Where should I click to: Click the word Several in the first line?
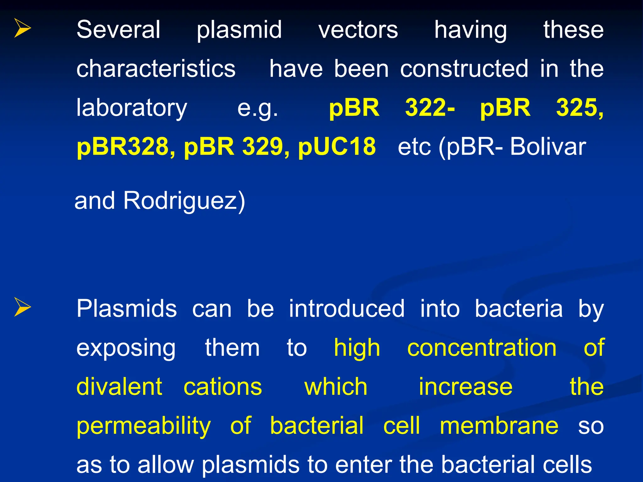118,30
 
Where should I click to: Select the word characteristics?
156,69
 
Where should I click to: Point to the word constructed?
464,69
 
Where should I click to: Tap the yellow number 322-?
430,108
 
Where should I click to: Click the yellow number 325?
580,108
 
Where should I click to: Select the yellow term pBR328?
126,147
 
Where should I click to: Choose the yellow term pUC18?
337,147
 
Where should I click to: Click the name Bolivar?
548,147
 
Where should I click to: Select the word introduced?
347,309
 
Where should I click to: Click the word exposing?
126,348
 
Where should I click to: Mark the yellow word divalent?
119,387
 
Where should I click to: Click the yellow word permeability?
143,426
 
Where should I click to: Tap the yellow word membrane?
499,426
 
